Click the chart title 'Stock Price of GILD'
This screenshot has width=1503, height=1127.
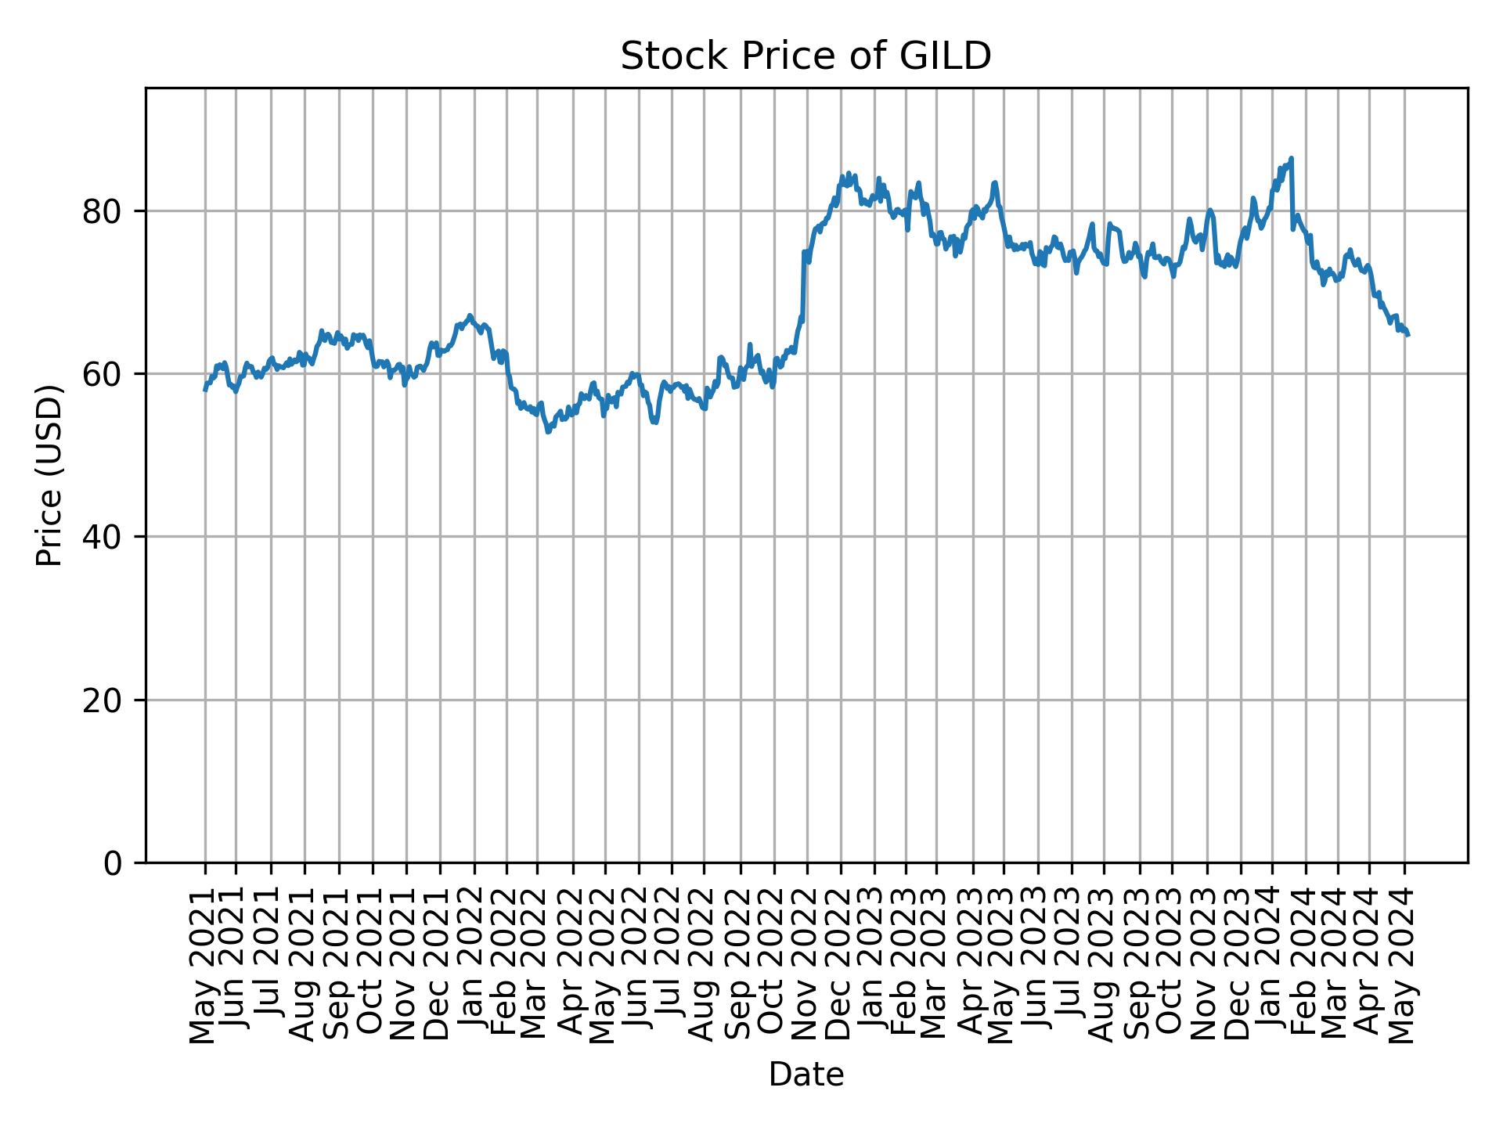806,56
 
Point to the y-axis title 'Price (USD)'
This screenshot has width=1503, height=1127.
49,475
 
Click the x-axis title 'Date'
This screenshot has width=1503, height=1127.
806,1075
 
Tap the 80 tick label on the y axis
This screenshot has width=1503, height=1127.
103,211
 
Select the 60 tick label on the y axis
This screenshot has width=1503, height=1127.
103,374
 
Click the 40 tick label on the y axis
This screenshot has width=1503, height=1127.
103,537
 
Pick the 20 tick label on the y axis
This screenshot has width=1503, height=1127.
103,700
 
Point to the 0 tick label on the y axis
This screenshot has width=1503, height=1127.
113,862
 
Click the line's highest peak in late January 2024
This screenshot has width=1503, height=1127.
1291,158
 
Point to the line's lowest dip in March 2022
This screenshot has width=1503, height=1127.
547,432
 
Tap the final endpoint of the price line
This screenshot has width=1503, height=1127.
1408,335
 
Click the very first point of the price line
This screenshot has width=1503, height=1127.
205,390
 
